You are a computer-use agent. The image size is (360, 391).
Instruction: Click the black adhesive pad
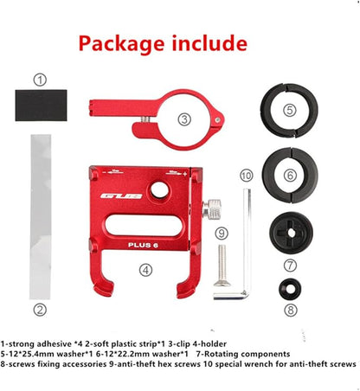[x=41, y=105]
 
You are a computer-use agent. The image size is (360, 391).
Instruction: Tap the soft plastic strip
[x=41, y=217]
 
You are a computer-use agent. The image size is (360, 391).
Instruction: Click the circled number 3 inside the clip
[x=184, y=119]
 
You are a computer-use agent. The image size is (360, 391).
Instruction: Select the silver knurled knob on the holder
[x=213, y=209]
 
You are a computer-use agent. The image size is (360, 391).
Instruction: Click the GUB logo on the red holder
[x=121, y=196]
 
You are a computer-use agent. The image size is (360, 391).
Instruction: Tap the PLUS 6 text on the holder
[x=143, y=245]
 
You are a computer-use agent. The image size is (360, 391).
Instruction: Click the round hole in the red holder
[x=159, y=190]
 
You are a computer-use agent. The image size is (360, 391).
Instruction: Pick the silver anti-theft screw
[x=222, y=266]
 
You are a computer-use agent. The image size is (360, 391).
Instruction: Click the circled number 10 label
[x=247, y=176]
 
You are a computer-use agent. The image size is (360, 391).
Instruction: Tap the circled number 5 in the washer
[x=290, y=110]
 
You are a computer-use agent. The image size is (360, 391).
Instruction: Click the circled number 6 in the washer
[x=290, y=175]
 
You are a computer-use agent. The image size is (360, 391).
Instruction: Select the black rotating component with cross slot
[x=291, y=233]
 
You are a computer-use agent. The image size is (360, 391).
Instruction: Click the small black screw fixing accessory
[x=290, y=289]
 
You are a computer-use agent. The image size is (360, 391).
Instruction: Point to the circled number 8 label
[x=291, y=311]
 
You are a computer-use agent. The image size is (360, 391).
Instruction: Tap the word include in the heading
[x=209, y=43]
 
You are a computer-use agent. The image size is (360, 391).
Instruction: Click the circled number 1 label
[x=40, y=80]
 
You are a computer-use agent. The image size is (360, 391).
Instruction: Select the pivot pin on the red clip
[x=217, y=119]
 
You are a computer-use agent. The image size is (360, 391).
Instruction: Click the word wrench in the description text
[x=259, y=364]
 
